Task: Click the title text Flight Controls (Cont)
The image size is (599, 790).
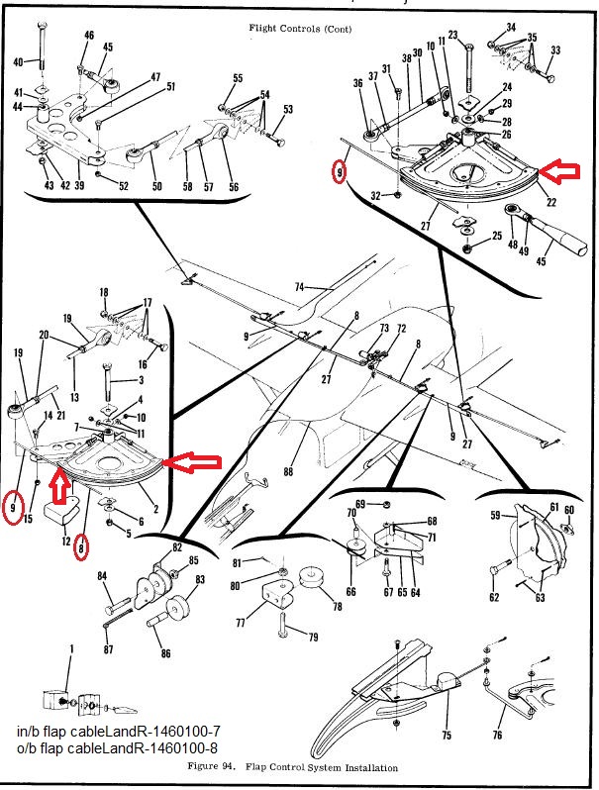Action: coord(298,30)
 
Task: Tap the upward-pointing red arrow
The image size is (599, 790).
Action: coord(60,484)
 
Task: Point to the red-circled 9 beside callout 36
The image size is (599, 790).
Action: coord(340,173)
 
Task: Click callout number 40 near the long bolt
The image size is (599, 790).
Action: coord(18,62)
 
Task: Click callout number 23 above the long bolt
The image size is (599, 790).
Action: coord(452,36)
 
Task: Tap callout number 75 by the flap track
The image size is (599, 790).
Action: coord(447,736)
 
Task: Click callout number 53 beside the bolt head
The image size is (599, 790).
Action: coord(288,109)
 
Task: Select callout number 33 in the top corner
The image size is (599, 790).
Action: coord(555,49)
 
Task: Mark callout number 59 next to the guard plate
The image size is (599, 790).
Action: coord(496,515)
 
